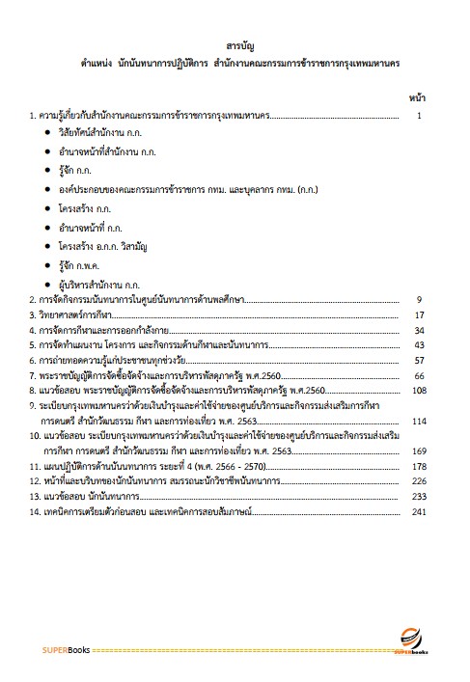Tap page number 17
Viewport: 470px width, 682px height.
click(x=420, y=315)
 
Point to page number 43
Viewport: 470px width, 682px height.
click(x=420, y=345)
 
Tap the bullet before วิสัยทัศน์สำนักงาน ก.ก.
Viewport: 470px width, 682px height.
click(x=47, y=134)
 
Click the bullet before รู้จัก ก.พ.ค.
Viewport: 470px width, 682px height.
click(x=47, y=265)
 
